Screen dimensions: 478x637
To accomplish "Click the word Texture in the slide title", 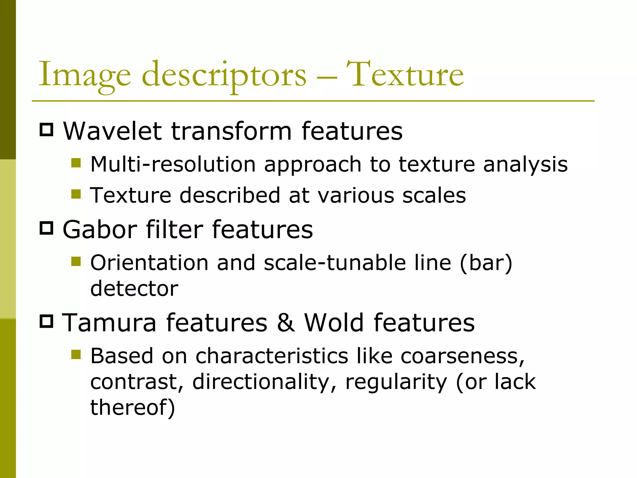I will [x=405, y=75].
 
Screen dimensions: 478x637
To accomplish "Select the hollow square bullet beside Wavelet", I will [x=47, y=129].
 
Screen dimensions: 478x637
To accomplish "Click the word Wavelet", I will [x=112, y=131].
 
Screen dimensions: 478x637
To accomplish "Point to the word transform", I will [x=231, y=131].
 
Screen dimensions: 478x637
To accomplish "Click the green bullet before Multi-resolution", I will [x=76, y=163].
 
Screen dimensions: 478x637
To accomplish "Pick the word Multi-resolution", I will [x=173, y=164].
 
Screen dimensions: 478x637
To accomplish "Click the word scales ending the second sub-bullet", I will [x=434, y=196].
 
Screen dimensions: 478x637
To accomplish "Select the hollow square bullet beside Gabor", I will [x=47, y=228].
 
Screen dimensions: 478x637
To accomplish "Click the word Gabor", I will [x=100, y=230].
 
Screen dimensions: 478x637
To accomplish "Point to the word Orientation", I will [x=149, y=263].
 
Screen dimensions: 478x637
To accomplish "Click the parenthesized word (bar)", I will [x=486, y=263].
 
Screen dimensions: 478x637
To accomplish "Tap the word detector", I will [x=134, y=288].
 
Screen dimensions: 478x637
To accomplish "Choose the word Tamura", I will [x=109, y=323].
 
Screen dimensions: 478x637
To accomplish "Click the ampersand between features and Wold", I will [x=286, y=323].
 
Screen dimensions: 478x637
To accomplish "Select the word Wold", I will [x=334, y=323].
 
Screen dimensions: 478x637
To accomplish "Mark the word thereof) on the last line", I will [x=133, y=407].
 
